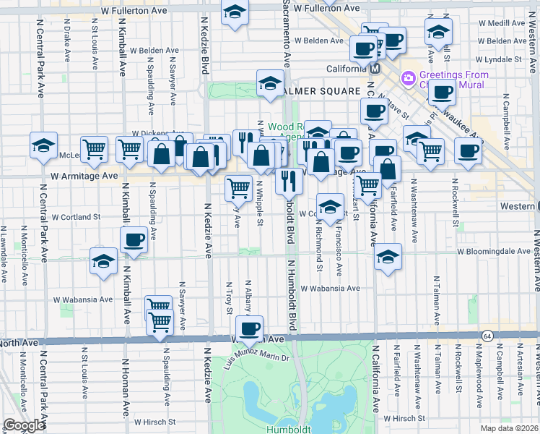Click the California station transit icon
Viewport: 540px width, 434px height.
(x=375, y=69)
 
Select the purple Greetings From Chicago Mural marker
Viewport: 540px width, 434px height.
(x=408, y=77)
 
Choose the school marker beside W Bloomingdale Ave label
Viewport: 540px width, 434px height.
(x=388, y=257)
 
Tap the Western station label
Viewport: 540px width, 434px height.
(x=516, y=206)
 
